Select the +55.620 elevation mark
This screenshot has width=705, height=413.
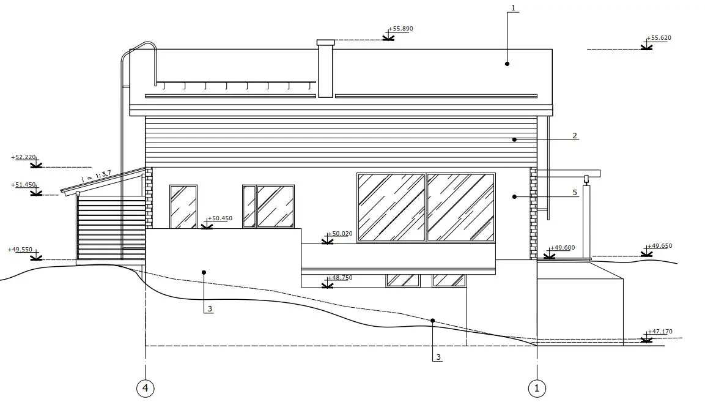point(659,38)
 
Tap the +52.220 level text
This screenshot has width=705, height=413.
point(23,157)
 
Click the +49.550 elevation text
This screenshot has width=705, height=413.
point(20,249)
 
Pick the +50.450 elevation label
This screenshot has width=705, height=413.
point(220,218)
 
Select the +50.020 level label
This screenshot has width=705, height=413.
point(340,234)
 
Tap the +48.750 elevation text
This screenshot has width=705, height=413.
point(340,278)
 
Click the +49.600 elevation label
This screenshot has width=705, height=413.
point(563,247)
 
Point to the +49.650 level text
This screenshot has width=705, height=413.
point(660,245)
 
